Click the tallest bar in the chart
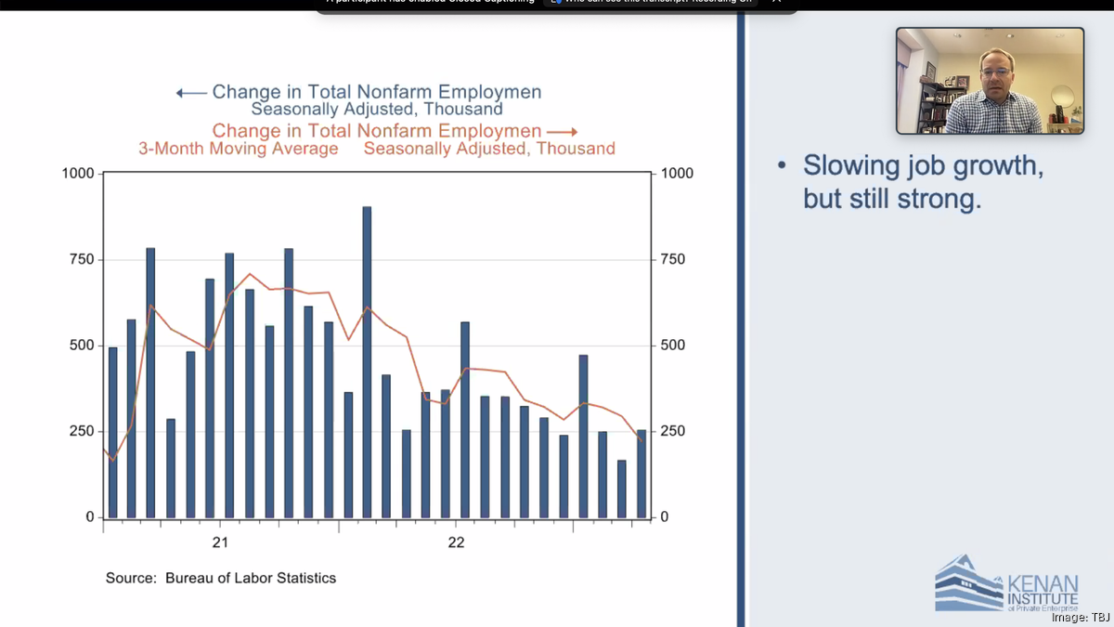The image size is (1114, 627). pyautogui.click(x=367, y=362)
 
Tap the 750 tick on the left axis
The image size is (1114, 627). pyautogui.click(x=82, y=259)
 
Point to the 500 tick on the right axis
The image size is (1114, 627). pyautogui.click(x=672, y=346)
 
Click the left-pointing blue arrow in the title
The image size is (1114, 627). pyautogui.click(x=191, y=93)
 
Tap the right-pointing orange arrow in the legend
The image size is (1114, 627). pyautogui.click(x=562, y=132)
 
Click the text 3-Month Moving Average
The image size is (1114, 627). pyautogui.click(x=239, y=149)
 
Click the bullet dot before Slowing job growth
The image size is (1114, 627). pyautogui.click(x=783, y=166)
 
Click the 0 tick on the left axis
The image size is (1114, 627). pyautogui.click(x=90, y=517)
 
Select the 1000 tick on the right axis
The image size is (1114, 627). pyautogui.click(x=677, y=174)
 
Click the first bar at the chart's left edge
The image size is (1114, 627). pyautogui.click(x=113, y=432)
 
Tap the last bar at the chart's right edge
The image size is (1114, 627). pyautogui.click(x=641, y=474)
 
